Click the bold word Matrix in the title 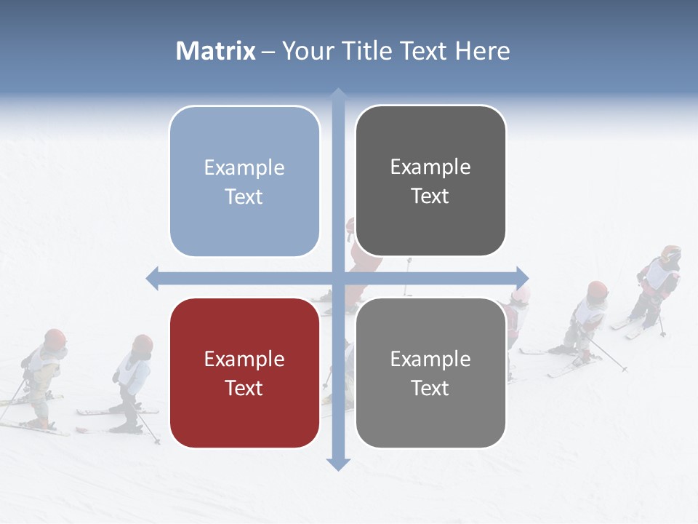coord(216,51)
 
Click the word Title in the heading coord(372,51)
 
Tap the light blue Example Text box coord(244,181)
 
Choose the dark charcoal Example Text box coord(430,180)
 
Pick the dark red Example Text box coord(244,373)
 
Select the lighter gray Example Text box coord(430,373)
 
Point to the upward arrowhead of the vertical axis coord(338,95)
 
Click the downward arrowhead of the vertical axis coord(338,464)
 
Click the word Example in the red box coord(244,359)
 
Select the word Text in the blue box coord(244,196)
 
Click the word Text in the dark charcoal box coord(430,196)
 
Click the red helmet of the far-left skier coord(55,338)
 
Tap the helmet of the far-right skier coord(671,254)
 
